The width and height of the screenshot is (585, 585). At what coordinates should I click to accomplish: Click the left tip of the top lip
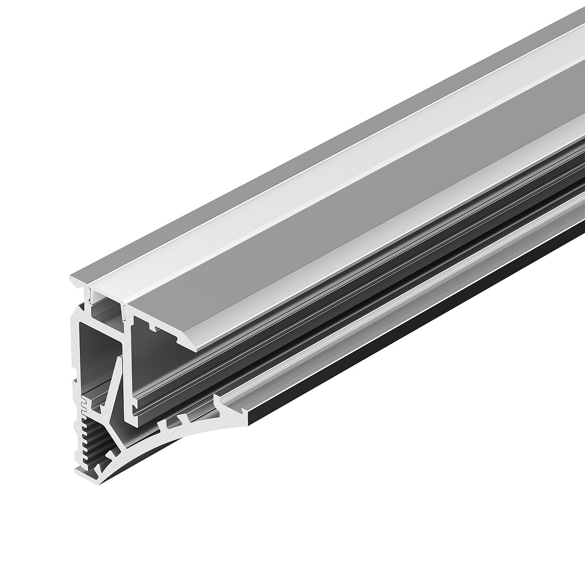point(71,279)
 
